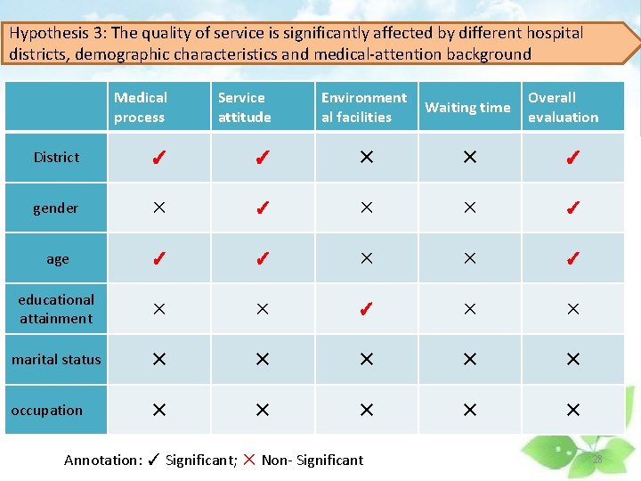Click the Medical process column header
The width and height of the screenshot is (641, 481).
coord(141,107)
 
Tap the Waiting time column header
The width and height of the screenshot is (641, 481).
coord(467,108)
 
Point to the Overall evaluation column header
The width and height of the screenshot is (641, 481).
coord(563,107)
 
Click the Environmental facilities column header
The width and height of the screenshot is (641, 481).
coord(363,107)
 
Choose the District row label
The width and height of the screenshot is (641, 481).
coord(56,158)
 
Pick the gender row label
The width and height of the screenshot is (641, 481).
coord(56,208)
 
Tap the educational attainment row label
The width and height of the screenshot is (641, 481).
coord(56,309)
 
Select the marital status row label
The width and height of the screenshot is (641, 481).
coord(56,360)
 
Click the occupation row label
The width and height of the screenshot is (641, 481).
coord(46,411)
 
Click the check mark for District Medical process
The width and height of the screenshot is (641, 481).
coord(158,159)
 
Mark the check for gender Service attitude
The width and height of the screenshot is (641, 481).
coord(262,209)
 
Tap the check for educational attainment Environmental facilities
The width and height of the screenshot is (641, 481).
coord(365,310)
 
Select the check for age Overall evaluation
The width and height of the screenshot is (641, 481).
coord(573,259)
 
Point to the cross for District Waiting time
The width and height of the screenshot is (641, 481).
coord(469,158)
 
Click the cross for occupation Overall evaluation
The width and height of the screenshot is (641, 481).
coord(573,411)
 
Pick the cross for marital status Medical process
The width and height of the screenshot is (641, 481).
coord(158,360)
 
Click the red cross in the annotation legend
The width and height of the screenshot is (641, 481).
coord(248,460)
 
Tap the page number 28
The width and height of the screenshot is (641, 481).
coord(596,460)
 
